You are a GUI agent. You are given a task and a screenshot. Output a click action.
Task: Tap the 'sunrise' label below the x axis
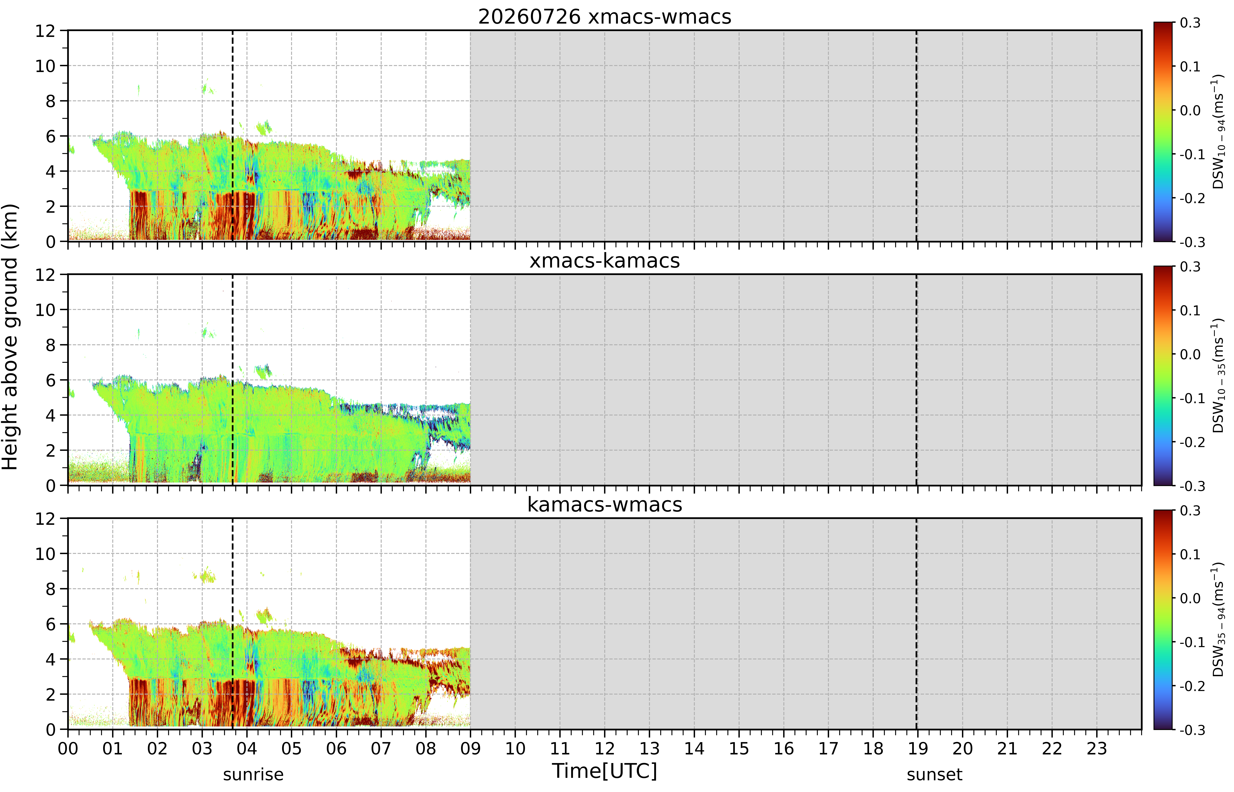pyautogui.click(x=253, y=774)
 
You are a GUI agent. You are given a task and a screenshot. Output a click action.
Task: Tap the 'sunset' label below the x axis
pyautogui.click(x=934, y=774)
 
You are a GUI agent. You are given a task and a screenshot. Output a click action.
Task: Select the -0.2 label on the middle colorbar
pyautogui.click(x=1192, y=442)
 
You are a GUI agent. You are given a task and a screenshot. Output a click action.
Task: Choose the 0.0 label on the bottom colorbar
pyautogui.click(x=1190, y=598)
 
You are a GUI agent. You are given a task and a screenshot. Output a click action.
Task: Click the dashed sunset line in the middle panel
pyautogui.click(x=916, y=380)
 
